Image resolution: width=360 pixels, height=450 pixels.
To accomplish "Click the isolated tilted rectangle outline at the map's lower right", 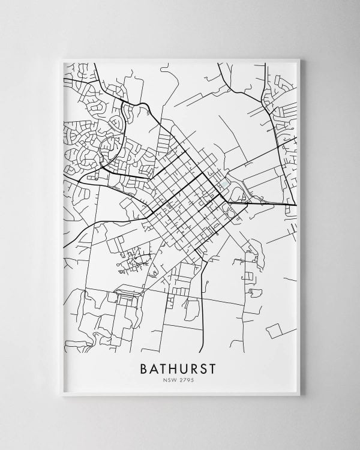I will pyautogui.click(x=275, y=329).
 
